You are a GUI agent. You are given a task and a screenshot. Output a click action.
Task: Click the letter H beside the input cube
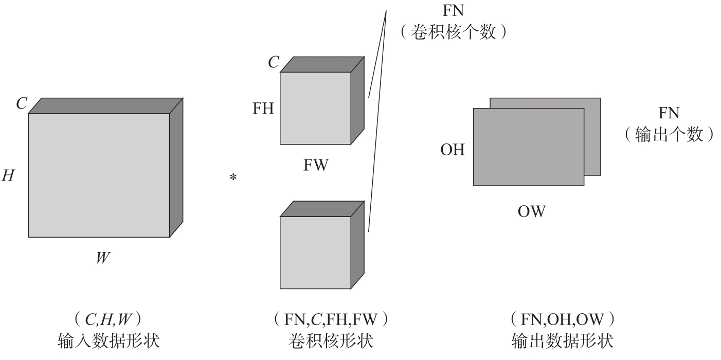pos(8,176)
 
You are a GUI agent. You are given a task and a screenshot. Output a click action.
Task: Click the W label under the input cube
pos(103,257)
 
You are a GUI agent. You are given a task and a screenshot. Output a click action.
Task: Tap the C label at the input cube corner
pos(21,104)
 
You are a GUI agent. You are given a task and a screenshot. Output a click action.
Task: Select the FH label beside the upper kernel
pos(263,109)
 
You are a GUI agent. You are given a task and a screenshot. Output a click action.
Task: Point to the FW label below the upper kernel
pos(315,166)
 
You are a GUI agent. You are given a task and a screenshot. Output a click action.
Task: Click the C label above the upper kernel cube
pos(274,63)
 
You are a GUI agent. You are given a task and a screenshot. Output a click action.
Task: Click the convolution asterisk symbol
pos(233,178)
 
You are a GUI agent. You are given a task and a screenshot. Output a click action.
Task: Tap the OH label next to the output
pos(453,150)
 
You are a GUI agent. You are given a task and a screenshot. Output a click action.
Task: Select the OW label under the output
pos(531,211)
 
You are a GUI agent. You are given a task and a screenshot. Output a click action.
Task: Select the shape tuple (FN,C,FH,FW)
pos(330,321)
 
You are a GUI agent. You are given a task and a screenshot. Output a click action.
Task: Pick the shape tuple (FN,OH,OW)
pos(562,321)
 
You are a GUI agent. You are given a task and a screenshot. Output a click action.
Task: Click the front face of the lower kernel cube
pos(315,252)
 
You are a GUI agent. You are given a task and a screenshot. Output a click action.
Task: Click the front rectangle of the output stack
pos(528,147)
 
